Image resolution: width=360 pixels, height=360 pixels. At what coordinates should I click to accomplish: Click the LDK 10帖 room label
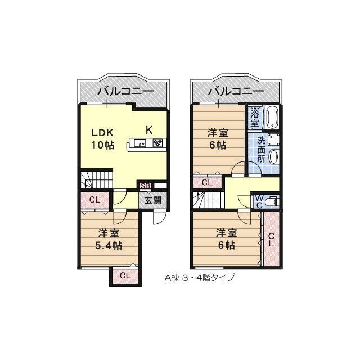click(x=103, y=138)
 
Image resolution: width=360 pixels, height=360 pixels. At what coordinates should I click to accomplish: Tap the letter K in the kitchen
click(x=149, y=130)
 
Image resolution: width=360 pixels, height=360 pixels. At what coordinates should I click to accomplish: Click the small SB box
click(x=145, y=186)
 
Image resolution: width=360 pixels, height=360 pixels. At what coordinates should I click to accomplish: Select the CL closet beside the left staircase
click(x=94, y=200)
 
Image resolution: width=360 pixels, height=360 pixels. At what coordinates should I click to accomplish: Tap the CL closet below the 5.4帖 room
click(x=125, y=276)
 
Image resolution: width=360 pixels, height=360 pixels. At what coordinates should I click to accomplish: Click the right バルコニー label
click(x=236, y=90)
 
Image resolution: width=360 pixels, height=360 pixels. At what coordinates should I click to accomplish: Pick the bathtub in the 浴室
click(x=273, y=117)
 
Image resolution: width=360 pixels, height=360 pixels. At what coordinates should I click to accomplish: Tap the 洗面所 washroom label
click(x=262, y=150)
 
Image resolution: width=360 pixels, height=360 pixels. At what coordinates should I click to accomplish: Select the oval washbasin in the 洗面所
click(x=273, y=157)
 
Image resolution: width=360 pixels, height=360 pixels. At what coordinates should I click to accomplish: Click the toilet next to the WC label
click(x=272, y=201)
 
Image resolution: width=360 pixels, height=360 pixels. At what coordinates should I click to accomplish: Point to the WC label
click(x=258, y=201)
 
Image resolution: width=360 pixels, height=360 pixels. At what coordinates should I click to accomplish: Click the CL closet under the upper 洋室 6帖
click(x=207, y=182)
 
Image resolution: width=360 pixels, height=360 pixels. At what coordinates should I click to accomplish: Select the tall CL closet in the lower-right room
click(x=271, y=240)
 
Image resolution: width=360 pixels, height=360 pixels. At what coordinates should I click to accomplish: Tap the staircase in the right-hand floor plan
click(x=208, y=200)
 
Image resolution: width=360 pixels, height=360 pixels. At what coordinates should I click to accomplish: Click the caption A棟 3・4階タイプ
click(x=200, y=277)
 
